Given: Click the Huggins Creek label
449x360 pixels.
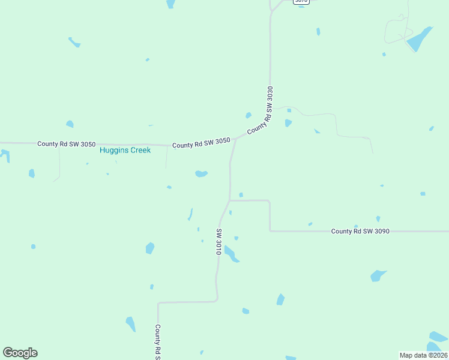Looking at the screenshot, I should (125, 150).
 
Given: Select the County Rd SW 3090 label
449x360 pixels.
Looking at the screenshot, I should (360, 231).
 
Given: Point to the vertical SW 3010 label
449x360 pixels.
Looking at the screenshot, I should (219, 242).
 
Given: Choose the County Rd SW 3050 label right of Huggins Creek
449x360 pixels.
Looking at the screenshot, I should (201, 145).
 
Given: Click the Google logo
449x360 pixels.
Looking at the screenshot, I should (20, 353).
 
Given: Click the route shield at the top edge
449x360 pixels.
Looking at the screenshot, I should (301, 2).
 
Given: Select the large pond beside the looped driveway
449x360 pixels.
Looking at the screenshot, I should (419, 40).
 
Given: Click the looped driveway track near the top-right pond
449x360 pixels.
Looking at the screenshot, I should (396, 30).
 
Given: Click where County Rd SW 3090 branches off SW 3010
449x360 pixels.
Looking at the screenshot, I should (230, 200).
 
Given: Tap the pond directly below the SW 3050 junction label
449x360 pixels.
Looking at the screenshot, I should (201, 174).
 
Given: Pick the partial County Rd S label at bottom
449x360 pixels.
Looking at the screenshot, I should (158, 342).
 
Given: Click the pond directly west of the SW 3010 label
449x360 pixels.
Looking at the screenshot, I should (150, 248).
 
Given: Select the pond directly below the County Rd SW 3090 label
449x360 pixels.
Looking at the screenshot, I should (378, 275).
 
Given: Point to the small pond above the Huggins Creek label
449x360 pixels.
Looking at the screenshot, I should (70, 124).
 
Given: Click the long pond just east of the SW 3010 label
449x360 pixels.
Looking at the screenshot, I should (232, 254).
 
